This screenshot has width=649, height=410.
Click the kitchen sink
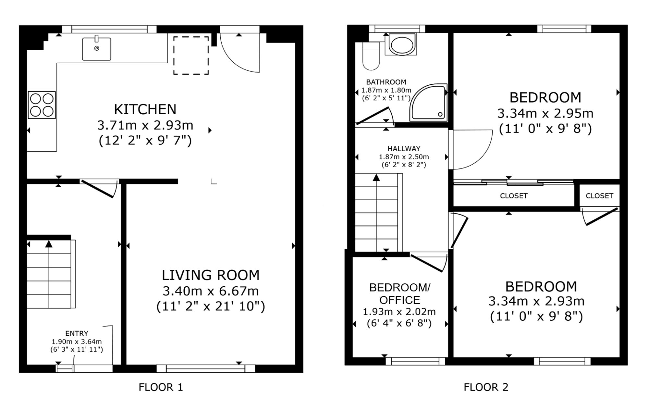96,49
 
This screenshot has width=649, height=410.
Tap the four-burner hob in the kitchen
42,105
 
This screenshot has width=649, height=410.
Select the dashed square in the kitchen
191,55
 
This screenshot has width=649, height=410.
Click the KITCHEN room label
145,109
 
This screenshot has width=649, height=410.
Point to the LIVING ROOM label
211,275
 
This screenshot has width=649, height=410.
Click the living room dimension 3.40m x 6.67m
211,291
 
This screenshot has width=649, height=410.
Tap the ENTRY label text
77,333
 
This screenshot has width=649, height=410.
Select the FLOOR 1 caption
161,387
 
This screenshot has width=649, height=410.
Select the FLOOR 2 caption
486,387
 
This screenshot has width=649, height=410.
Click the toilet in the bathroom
371,56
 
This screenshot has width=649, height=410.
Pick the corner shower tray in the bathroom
428,103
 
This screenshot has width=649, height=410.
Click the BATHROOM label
386,82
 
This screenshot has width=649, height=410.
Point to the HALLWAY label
404,149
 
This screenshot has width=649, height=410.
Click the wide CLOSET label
514,196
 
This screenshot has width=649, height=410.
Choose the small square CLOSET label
599,196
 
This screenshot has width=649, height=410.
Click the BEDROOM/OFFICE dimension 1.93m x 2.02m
399,312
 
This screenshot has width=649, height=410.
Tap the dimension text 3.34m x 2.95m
545,114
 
